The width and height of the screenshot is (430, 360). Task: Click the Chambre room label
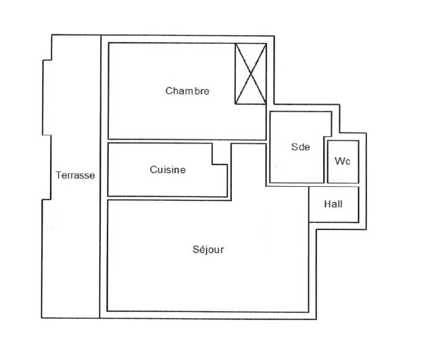click(187, 91)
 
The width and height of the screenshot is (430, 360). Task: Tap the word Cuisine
click(168, 170)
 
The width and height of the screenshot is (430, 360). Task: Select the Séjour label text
click(208, 250)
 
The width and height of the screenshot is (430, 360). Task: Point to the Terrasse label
click(75, 175)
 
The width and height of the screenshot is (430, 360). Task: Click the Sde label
click(301, 147)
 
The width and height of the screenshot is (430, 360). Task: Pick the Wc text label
click(342, 161)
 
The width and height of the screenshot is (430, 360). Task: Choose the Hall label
click(333, 204)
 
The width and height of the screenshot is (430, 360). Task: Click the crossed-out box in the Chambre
click(251, 74)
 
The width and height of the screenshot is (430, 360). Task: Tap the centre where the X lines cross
click(251, 73)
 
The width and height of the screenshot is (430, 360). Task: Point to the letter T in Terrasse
click(58, 175)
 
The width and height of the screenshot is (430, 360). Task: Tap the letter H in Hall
click(327, 204)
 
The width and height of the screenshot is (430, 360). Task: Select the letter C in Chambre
click(169, 91)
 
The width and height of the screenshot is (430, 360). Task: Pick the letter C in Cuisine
click(153, 170)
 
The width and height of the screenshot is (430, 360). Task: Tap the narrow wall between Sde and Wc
click(326, 161)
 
